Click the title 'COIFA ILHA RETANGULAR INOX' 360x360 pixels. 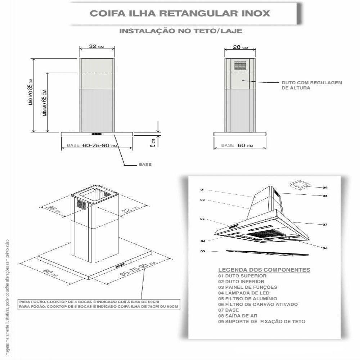(180, 14)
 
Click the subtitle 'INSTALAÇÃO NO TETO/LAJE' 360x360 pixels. (180, 31)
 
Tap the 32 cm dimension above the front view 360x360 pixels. (96, 47)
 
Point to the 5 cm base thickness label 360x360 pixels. (153, 143)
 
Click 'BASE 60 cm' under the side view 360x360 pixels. (237, 145)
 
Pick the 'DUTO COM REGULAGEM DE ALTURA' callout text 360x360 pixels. (312, 85)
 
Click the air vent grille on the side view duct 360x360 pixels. (240, 65)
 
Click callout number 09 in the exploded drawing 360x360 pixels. (325, 188)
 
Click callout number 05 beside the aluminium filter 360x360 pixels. (203, 251)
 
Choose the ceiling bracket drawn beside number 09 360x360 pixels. (299, 185)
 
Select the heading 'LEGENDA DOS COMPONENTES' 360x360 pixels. (264, 270)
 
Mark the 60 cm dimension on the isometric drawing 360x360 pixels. (50, 273)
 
